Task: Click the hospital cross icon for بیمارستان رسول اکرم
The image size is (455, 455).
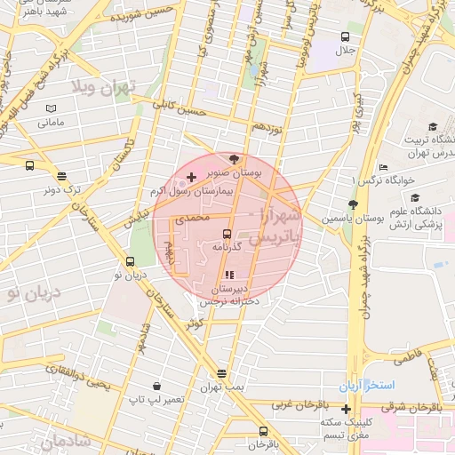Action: tap(192, 179)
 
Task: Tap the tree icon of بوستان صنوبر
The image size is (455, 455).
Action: tap(234, 159)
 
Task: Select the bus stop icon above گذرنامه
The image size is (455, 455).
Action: tap(227, 234)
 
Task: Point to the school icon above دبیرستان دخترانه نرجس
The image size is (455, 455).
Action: tap(229, 275)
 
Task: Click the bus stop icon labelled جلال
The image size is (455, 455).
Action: tap(345, 37)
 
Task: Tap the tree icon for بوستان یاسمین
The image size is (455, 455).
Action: tap(353, 205)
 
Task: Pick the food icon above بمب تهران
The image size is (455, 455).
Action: tap(221, 373)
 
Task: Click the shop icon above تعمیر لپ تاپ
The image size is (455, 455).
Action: tap(157, 387)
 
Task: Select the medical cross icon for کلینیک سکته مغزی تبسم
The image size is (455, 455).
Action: tap(346, 409)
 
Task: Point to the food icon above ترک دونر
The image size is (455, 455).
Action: tap(60, 176)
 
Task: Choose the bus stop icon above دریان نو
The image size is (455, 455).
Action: tap(132, 261)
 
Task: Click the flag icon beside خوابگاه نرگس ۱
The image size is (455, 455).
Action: tap(383, 169)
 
